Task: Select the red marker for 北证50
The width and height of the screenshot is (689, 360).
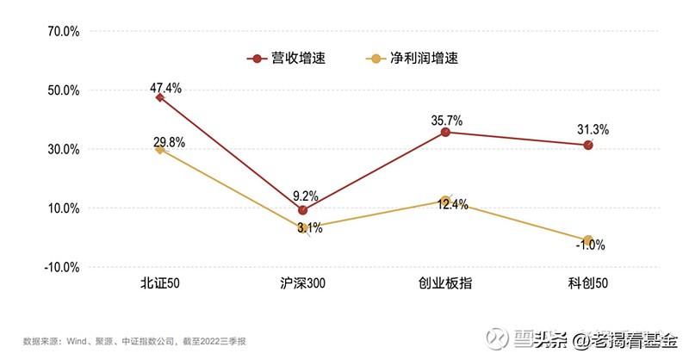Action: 159,97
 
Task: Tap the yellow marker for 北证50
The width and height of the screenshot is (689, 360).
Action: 159,149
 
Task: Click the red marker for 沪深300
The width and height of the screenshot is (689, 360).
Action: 302,209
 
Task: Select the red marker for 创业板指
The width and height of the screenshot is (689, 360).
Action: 445,132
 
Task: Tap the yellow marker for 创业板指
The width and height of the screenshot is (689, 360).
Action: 445,201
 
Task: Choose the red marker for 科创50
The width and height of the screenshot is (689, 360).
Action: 588,145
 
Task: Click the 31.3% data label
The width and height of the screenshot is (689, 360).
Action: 593,130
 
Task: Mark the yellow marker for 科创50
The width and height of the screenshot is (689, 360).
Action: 588,240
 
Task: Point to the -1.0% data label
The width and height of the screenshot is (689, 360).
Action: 590,245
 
